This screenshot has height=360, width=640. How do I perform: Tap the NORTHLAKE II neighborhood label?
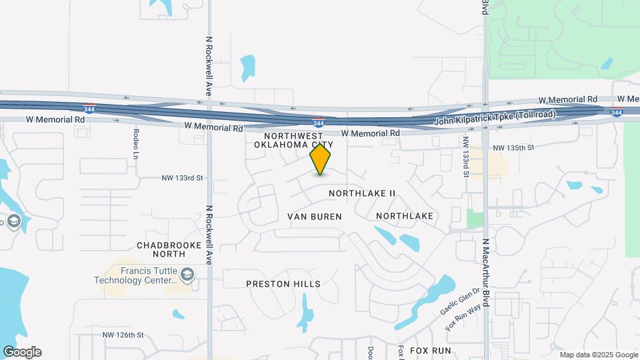tap(363, 193)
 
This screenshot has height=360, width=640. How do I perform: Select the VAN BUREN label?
tap(315, 217)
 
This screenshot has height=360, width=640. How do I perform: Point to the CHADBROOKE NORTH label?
tap(169, 249)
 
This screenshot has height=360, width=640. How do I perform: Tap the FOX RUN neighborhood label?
tap(431, 350)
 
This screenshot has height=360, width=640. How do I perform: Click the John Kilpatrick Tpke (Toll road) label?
tap(495, 120)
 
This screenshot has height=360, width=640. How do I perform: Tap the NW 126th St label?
tap(123, 335)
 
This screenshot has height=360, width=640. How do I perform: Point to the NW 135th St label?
tap(513, 147)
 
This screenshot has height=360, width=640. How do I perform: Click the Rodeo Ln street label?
tap(135, 144)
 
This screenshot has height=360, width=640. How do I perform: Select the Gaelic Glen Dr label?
tap(459, 302)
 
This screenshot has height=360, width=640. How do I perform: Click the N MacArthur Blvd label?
tap(487, 273)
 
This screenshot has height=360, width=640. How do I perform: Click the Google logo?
tap(22, 352)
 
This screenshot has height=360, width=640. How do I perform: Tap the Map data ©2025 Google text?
tap(599, 355)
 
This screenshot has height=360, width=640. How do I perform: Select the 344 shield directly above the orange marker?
tap(319, 122)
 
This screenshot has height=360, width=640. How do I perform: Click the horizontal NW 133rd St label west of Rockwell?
tap(182, 178)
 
